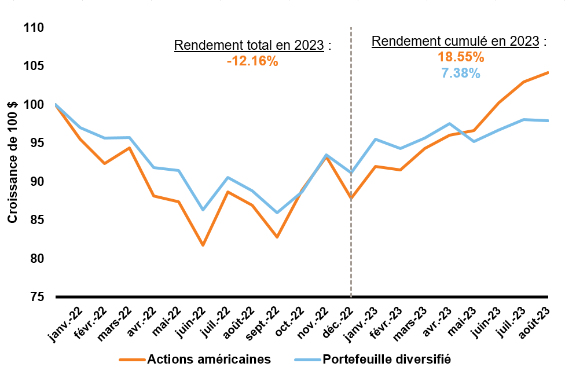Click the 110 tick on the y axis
click(35, 28)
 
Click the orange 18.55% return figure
click(460, 57)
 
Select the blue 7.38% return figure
click(460, 73)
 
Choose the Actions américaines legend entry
click(208, 359)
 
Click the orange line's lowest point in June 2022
click(203, 245)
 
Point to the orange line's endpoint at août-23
click(548, 73)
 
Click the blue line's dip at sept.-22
click(277, 212)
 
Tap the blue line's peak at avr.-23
click(449, 123)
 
